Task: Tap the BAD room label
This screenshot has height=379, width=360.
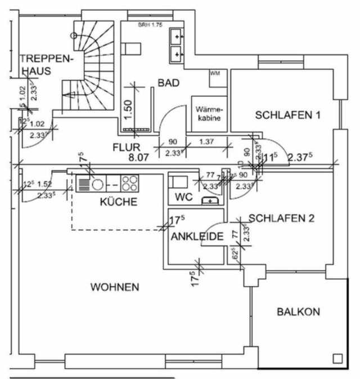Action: [168, 83]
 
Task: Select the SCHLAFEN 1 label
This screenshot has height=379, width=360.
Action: [287, 115]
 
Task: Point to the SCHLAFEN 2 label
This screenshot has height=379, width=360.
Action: [281, 219]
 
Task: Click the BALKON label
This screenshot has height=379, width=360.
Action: [298, 311]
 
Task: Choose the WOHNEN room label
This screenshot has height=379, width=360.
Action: [115, 287]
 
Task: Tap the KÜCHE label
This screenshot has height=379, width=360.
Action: [119, 202]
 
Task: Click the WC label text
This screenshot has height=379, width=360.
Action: [184, 198]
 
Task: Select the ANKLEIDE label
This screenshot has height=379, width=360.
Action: [199, 236]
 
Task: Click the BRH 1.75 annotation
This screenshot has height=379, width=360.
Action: [149, 25]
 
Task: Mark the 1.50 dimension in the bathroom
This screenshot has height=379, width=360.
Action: [129, 109]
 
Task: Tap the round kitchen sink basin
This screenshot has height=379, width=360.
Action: [97, 183]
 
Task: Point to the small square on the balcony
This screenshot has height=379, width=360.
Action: [337, 358]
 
